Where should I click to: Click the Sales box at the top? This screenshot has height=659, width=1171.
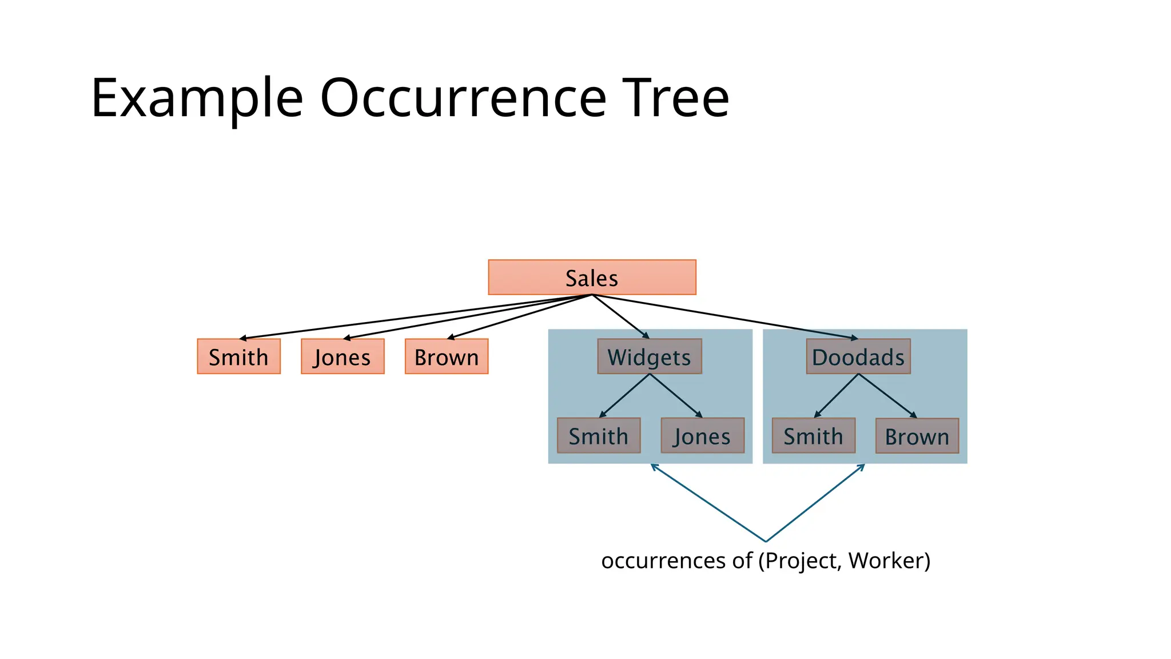(592, 277)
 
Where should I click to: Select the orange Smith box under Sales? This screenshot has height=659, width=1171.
(238, 356)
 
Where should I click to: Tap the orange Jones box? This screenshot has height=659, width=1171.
(342, 356)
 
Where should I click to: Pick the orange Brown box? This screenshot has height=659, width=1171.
(447, 356)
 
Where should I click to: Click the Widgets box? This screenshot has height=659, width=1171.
(650, 356)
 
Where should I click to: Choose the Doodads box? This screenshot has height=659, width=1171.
(858, 356)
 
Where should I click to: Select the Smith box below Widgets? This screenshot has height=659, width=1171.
(599, 435)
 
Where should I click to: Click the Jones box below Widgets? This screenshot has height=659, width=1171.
(702, 435)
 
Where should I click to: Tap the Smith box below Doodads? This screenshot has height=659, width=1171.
(813, 435)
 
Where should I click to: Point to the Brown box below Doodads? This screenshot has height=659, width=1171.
(917, 436)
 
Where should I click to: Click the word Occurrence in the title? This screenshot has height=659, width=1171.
(463, 98)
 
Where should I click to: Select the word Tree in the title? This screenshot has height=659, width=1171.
(676, 98)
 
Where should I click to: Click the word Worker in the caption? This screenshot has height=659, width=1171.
(889, 561)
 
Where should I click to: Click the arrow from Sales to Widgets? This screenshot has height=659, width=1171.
(621, 316)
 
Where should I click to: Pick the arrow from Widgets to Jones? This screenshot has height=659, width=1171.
(676, 395)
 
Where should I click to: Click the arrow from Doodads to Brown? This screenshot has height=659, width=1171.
(887, 395)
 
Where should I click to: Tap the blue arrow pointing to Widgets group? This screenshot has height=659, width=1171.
(708, 502)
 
